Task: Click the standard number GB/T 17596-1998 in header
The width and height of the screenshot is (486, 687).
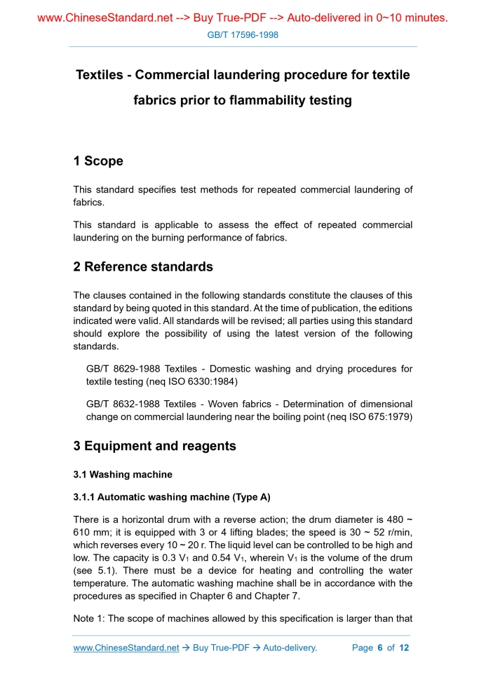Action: click(243, 34)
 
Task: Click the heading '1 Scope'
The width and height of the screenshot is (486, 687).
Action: click(98, 161)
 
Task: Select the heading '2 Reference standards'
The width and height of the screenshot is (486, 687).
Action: click(143, 267)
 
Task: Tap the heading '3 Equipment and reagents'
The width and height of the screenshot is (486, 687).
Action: click(154, 446)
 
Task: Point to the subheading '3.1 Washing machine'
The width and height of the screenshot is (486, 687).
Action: click(123, 475)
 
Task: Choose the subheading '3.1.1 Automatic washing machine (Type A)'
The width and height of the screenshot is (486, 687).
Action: click(172, 498)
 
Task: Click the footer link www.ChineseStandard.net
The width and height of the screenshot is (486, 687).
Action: click(126, 648)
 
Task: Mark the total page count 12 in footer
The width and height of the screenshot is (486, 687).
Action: click(404, 648)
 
